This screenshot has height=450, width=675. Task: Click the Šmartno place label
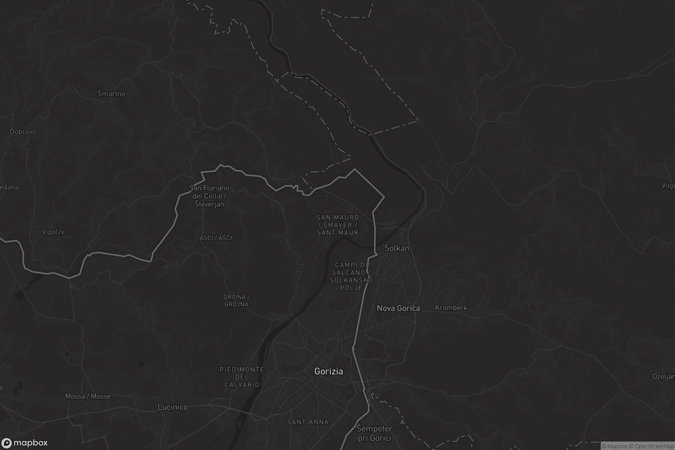coord(111,94)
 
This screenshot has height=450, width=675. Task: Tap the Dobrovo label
coord(23,132)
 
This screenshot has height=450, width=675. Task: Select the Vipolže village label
coord(54,231)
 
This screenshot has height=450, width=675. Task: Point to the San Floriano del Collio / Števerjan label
coord(209,196)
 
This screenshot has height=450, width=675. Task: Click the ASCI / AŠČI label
coord(216,238)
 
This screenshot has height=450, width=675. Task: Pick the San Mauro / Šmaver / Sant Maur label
coord(338,225)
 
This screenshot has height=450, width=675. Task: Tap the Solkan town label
coord(397,248)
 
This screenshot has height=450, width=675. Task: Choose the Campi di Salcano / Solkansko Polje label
coord(351,276)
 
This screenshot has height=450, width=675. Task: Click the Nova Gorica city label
coord(398,308)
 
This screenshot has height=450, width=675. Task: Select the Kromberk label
coord(451,308)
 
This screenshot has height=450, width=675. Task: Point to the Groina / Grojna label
coord(237,300)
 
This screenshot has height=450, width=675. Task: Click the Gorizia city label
coord(328,371)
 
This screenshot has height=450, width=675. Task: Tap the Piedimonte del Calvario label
coord(242,377)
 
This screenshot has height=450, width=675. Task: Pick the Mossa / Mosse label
coord(88,396)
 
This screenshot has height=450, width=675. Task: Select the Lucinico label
coord(172,407)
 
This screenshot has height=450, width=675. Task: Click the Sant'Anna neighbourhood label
coord(308,422)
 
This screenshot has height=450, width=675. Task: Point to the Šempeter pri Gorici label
coord(374,433)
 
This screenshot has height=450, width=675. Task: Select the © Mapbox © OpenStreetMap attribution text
coord(638,446)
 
